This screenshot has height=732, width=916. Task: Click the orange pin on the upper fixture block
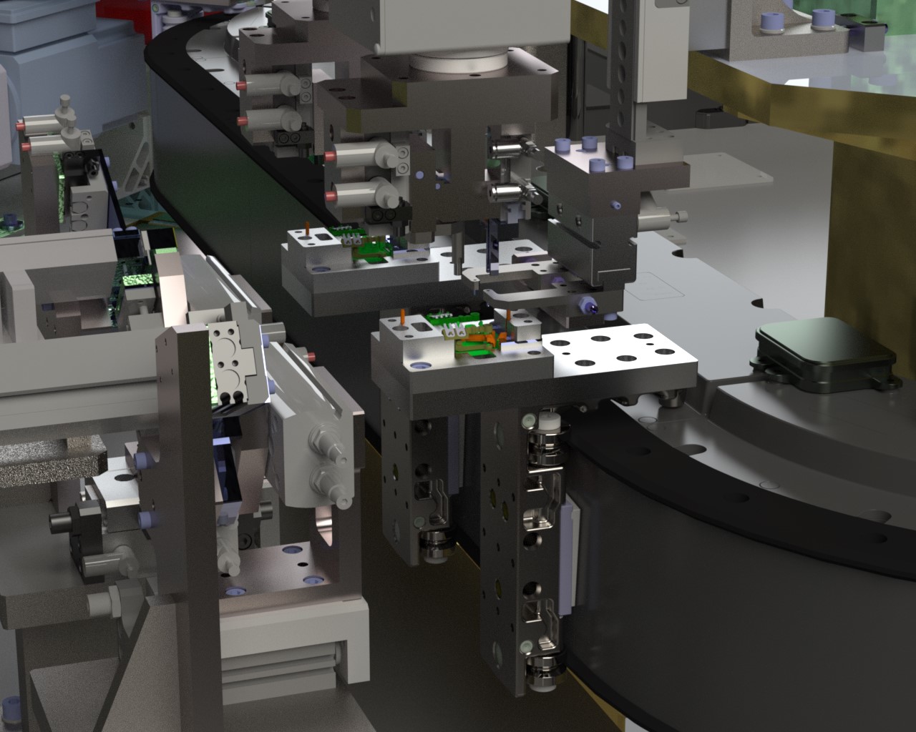click(x=306, y=227)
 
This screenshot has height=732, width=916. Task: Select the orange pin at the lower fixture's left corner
click(x=404, y=315)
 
